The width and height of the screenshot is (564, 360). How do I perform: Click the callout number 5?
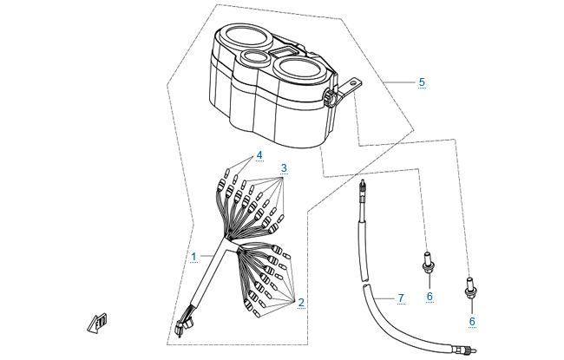(422, 82)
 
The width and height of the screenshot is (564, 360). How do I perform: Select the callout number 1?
(193, 257)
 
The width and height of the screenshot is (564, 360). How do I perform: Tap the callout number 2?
(301, 303)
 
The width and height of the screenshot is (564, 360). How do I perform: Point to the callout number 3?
(284, 168)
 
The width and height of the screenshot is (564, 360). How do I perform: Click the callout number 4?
(259, 155)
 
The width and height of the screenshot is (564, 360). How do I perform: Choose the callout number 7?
(401, 298)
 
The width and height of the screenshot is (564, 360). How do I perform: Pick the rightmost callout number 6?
(472, 321)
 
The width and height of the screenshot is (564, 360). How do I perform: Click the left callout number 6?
(430, 297)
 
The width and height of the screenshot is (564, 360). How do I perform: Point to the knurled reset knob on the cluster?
(331, 98)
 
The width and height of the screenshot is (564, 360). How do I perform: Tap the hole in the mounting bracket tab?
(353, 82)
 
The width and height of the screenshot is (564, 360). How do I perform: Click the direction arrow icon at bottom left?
(97, 322)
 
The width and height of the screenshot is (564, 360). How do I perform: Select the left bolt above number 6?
(428, 262)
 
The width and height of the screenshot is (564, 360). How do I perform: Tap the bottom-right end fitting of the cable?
(466, 349)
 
